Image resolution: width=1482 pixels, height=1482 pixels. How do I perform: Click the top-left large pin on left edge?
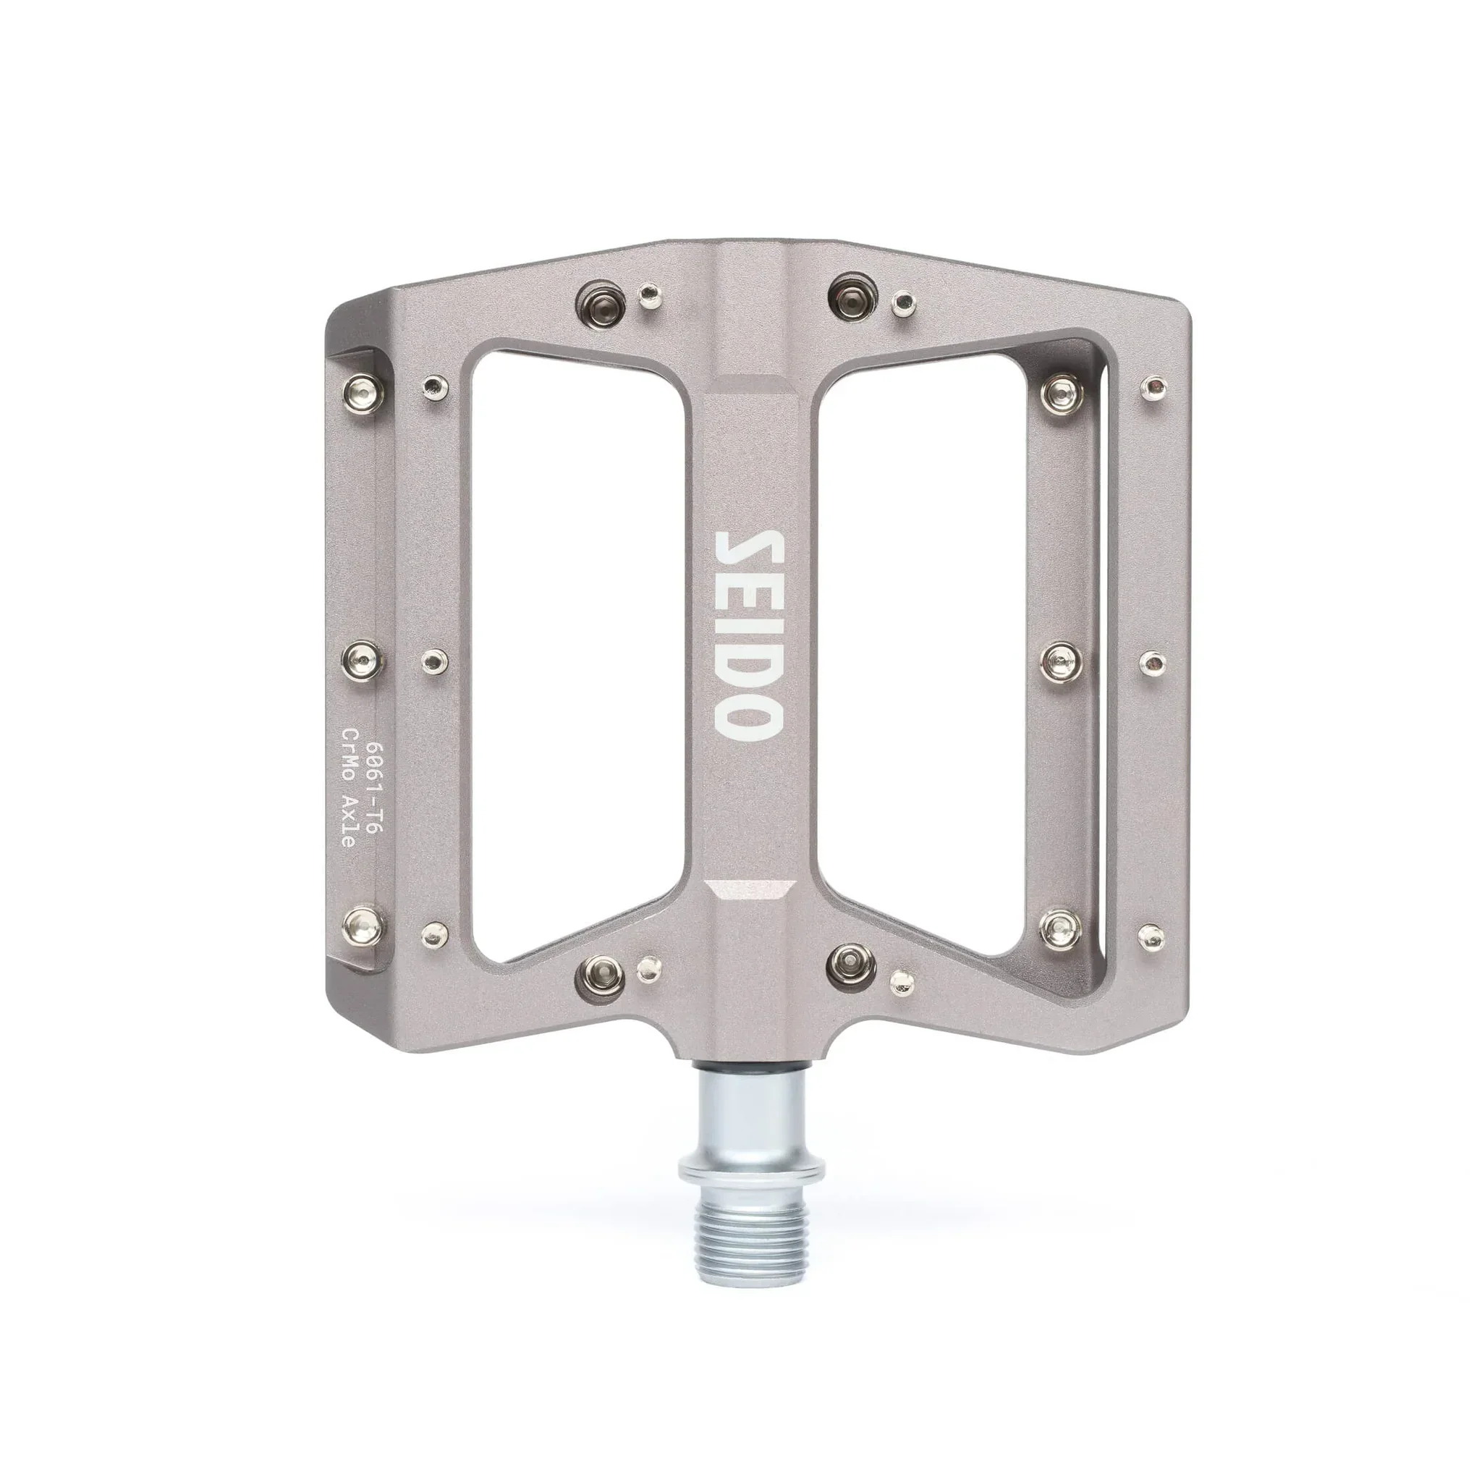[363, 387]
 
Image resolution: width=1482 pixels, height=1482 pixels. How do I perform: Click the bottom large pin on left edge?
[363, 928]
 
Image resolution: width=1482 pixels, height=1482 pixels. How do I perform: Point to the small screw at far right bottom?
[1152, 937]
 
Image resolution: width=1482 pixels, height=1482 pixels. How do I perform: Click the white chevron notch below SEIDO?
[750, 889]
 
